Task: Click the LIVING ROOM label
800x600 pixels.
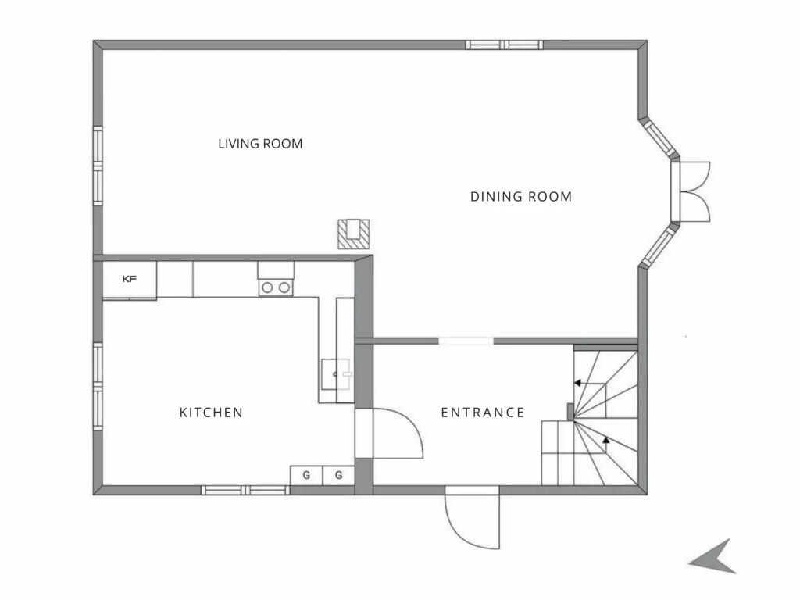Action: tap(260, 144)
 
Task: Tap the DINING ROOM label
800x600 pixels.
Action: tap(521, 196)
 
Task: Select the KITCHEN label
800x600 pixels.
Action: tap(211, 412)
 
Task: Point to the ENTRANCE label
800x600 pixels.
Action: tap(483, 412)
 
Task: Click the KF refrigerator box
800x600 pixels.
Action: tap(130, 279)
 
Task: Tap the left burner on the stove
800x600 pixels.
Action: tap(267, 287)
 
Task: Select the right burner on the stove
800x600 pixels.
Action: tap(284, 287)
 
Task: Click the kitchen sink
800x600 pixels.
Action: tap(336, 374)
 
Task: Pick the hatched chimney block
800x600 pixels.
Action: tap(354, 234)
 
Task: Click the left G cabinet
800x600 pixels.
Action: tap(306, 475)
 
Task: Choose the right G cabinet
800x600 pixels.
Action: tap(338, 475)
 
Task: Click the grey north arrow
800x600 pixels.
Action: tap(712, 556)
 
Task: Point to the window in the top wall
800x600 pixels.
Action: tap(504, 45)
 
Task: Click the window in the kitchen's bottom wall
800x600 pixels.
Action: tap(245, 491)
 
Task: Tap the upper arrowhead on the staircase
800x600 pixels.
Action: tap(577, 383)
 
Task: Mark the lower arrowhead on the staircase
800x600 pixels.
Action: tap(606, 439)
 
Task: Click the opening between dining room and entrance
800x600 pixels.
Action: tap(466, 341)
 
